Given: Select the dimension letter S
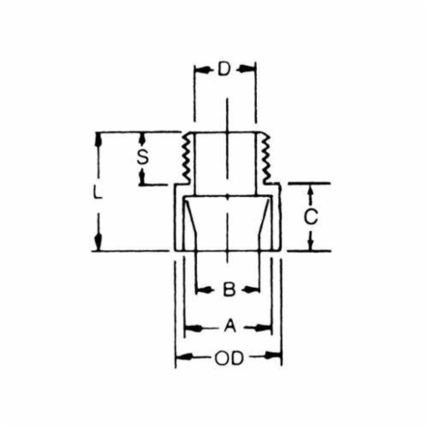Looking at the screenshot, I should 143,158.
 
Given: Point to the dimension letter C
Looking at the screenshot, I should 311,217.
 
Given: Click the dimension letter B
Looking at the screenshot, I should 229,290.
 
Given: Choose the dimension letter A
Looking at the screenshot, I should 230,327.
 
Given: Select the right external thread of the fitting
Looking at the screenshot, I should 266,158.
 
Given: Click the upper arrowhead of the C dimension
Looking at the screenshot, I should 311,190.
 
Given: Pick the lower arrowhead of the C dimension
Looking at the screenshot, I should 311,244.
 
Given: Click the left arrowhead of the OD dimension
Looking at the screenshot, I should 182,355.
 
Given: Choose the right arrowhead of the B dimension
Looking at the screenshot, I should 255,290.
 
